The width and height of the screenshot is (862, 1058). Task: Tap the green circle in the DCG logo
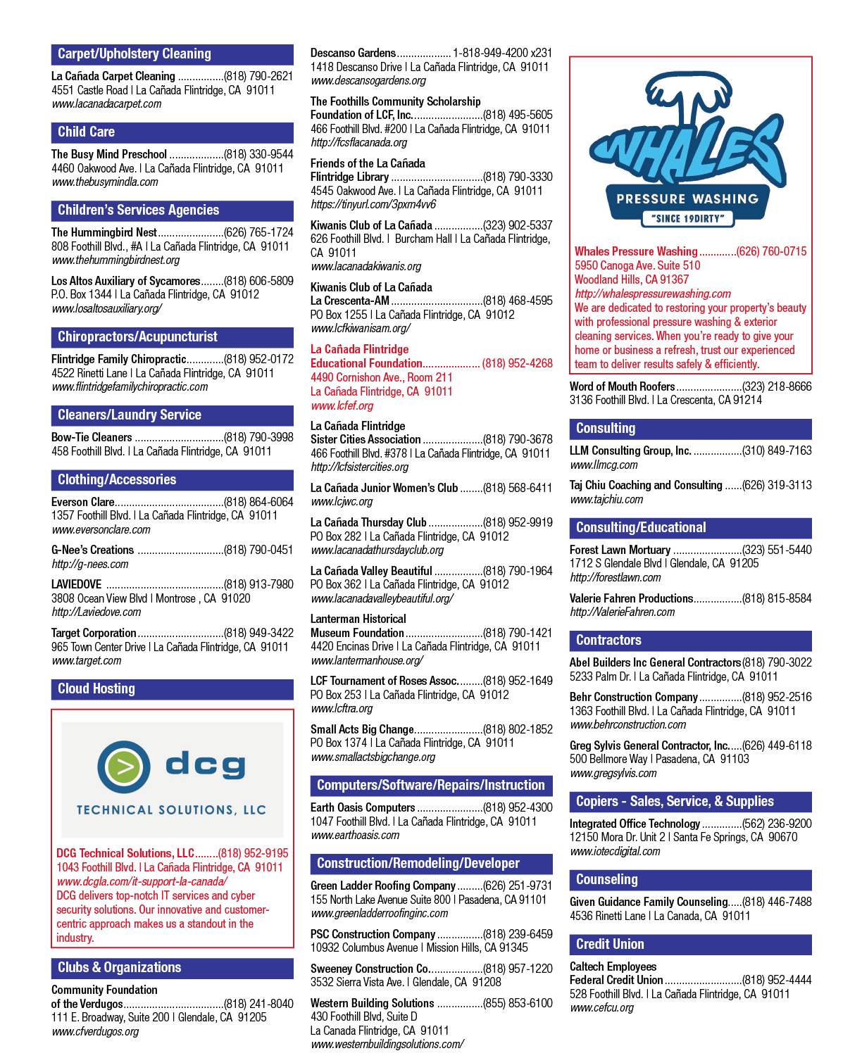click(124, 767)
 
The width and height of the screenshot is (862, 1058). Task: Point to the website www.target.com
click(87, 660)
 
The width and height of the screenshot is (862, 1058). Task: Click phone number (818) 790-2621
click(258, 76)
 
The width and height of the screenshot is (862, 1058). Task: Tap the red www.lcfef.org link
click(342, 406)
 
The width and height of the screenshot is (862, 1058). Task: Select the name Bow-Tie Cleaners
click(92, 437)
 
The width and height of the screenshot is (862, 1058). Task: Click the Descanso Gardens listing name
click(353, 53)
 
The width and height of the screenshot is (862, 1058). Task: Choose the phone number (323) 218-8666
click(777, 386)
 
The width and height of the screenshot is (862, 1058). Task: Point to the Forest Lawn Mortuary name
click(620, 550)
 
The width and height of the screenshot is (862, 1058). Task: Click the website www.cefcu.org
click(601, 1008)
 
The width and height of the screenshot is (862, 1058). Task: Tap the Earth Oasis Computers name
click(363, 807)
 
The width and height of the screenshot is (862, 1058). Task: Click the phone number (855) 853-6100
click(518, 1003)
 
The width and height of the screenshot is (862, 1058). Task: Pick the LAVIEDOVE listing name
click(77, 584)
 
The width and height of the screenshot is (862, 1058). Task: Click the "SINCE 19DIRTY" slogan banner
click(687, 218)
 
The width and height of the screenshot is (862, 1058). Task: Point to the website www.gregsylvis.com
click(613, 773)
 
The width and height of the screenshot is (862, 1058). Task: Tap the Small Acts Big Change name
click(362, 729)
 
